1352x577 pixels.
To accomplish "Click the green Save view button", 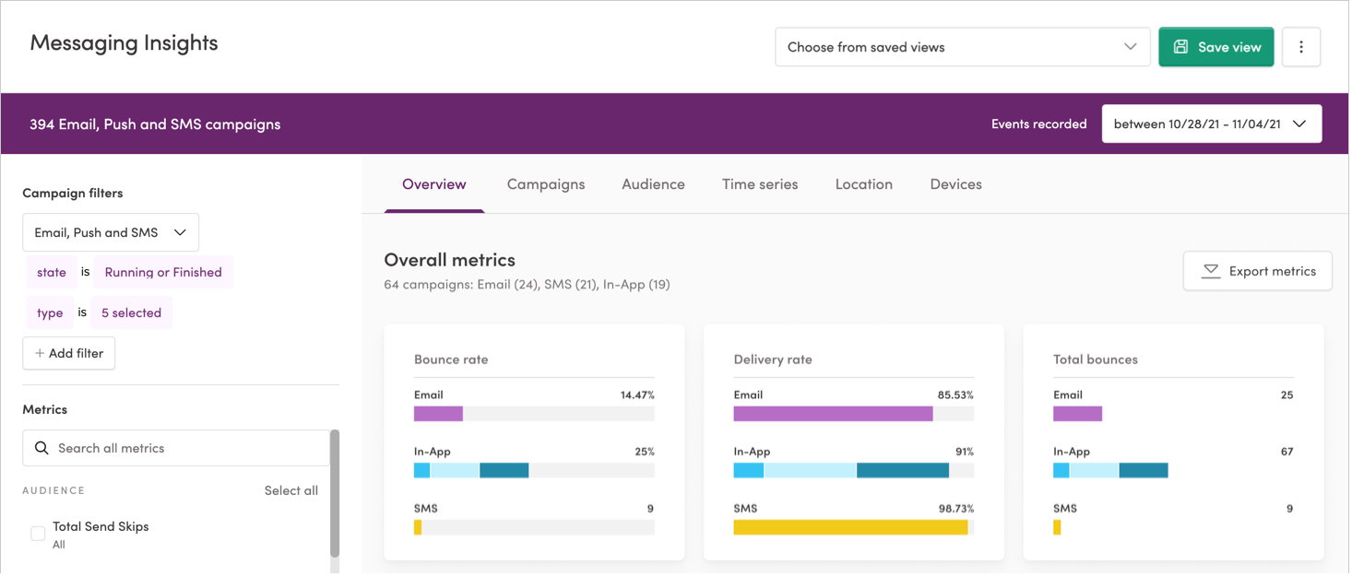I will coord(1216,47).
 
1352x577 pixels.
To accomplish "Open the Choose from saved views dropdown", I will coord(962,47).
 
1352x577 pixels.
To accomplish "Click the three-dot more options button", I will coord(1301,47).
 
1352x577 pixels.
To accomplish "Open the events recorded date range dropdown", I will coord(1211,124).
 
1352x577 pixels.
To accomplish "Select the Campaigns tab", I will coord(546,184).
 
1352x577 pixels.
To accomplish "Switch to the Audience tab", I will coord(653,184).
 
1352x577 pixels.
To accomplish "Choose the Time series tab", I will coord(760,184).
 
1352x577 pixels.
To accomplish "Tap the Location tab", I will coord(863,184).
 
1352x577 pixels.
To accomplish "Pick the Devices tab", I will coord(955,184).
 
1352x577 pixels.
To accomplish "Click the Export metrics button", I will coord(1258,271).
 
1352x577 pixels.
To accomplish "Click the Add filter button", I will coord(69,353).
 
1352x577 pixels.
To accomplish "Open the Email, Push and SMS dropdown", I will coord(111,232).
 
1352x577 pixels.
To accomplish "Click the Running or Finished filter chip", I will coord(163,272).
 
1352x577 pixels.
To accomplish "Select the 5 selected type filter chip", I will coord(131,312).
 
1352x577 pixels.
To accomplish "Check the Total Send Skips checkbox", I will coord(38,534).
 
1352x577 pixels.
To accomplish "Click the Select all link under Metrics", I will coord(291,490).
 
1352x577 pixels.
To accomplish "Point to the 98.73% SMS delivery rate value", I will coord(955,509).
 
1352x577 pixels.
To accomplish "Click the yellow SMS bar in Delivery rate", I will coord(850,527).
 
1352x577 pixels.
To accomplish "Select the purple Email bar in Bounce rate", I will coord(438,414).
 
